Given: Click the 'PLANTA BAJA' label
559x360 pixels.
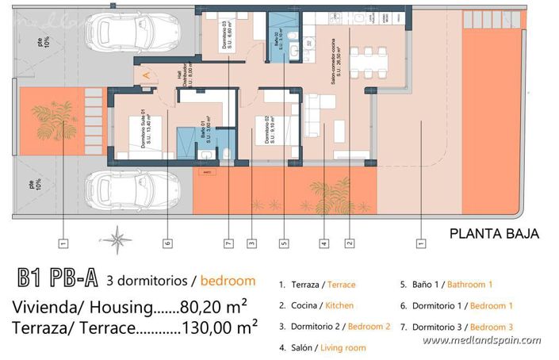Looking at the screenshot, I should (494, 234).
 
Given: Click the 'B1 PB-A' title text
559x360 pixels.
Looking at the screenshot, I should (58, 280).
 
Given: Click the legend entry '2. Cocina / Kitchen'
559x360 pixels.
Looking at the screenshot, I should (316, 305).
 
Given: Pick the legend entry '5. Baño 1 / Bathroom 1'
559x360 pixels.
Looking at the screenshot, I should (446, 284).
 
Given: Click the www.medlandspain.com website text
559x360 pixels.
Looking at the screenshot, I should (482, 340).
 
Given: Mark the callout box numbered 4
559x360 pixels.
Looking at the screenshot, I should (324, 244).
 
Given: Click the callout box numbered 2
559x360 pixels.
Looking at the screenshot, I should (349, 244).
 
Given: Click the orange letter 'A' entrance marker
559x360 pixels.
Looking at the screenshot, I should (147, 75).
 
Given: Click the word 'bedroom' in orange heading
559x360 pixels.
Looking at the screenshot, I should (228, 281).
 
